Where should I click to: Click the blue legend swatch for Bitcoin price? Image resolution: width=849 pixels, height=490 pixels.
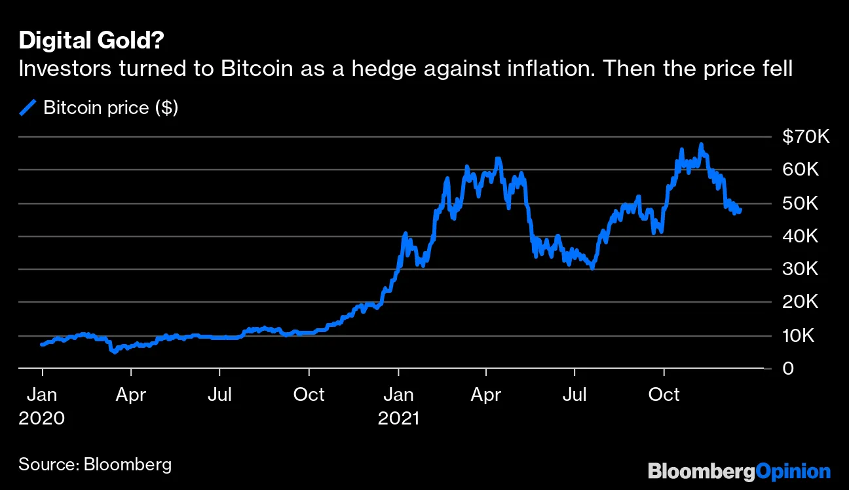pos(28,107)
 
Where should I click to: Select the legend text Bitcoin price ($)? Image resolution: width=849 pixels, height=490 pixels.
pos(111,107)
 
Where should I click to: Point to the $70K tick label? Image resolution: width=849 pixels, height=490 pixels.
pos(806,137)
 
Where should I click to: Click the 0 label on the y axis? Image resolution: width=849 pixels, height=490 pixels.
pos(788,369)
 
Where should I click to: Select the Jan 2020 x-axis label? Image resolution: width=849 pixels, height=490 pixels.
pos(42,405)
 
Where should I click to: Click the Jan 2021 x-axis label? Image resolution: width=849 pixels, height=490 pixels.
pos(398,405)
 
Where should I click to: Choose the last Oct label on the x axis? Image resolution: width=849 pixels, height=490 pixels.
pos(664,395)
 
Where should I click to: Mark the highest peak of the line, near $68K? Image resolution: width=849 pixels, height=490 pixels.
pos(701,144)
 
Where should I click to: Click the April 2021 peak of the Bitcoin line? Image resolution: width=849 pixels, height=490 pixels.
pos(498,159)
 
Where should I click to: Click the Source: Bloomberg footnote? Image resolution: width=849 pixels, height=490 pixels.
pos(95,464)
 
